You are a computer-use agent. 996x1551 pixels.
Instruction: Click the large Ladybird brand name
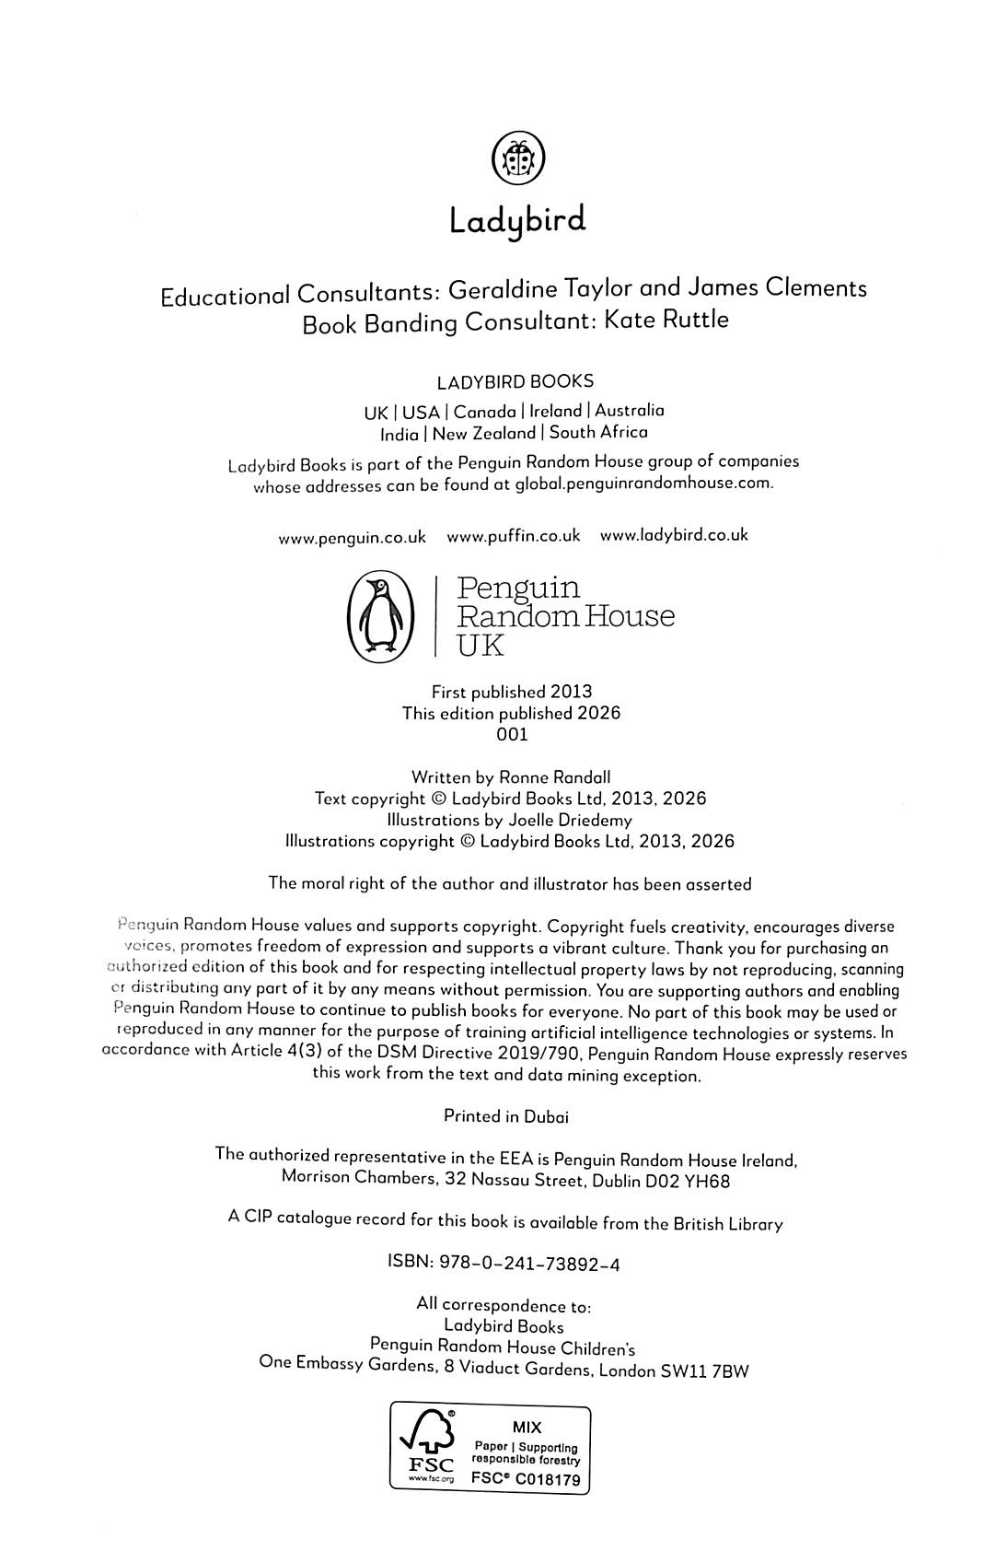click(517, 222)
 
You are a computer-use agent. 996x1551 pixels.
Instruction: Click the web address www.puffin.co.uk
click(513, 536)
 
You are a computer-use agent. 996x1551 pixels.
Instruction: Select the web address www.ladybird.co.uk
click(674, 535)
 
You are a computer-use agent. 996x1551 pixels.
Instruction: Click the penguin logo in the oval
click(378, 616)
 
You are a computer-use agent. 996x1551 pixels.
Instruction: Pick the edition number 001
click(512, 735)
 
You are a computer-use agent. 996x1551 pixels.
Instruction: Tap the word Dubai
click(546, 1116)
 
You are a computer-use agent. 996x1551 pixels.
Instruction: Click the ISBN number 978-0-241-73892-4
click(527, 1265)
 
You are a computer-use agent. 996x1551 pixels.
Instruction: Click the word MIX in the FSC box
click(527, 1428)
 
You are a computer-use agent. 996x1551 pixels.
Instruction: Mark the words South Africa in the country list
click(598, 432)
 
